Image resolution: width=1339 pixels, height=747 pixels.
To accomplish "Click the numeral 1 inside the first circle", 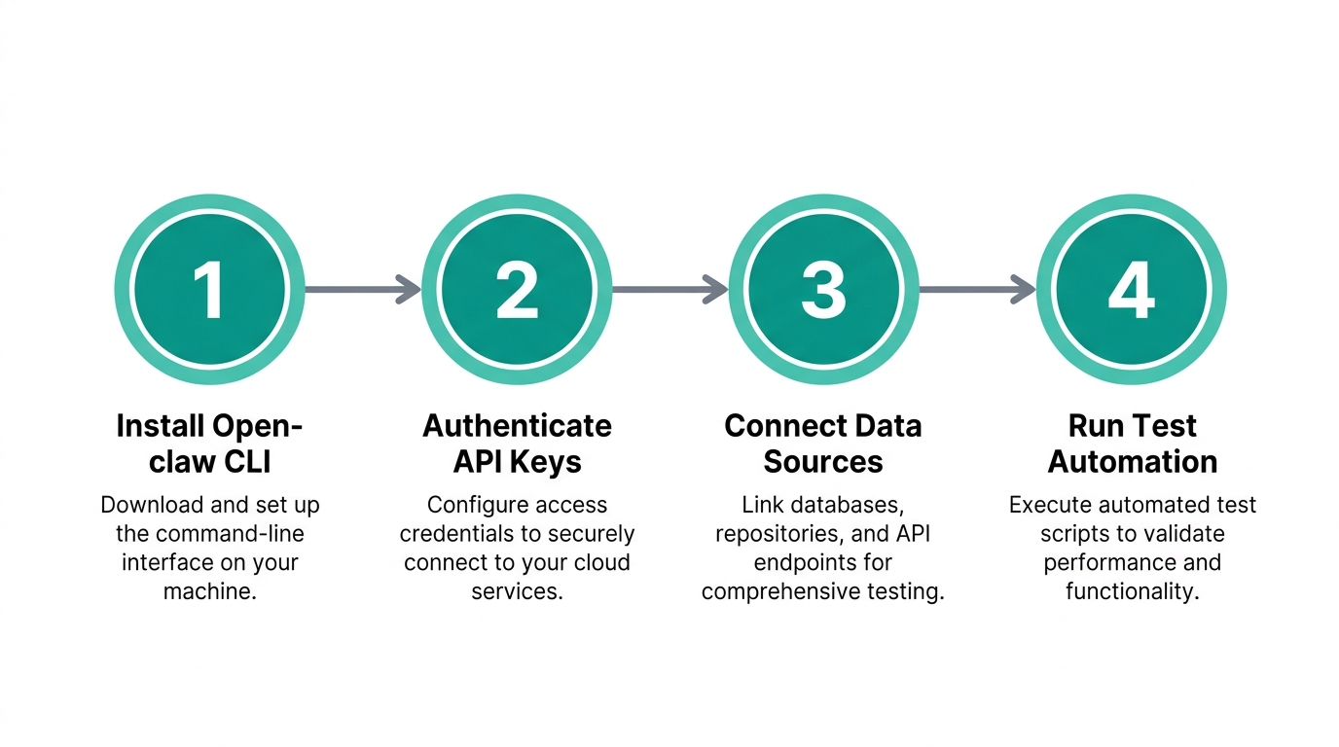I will (209, 289).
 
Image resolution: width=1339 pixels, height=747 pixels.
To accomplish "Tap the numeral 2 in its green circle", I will (517, 289).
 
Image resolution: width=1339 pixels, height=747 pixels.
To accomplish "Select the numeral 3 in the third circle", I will (823, 289).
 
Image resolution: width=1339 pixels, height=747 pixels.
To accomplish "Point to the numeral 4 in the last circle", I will (1131, 289).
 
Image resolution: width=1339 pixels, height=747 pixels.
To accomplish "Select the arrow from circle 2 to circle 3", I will (669, 289).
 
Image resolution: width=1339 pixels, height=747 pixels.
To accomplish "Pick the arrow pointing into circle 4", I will (977, 289).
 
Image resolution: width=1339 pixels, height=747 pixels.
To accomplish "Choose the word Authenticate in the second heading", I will (517, 426).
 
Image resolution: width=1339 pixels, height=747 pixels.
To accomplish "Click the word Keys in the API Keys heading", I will (546, 461).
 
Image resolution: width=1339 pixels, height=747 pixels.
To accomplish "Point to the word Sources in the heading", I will (823, 461).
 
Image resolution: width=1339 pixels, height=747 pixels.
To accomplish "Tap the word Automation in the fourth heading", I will (1132, 461).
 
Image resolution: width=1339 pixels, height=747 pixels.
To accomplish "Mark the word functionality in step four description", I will (1129, 591).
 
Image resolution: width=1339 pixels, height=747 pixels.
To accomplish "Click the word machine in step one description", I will (206, 591).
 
